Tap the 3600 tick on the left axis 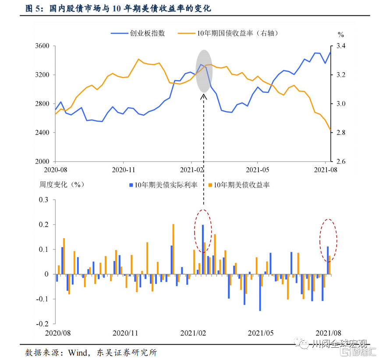coord(43,46)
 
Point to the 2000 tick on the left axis coord(43,162)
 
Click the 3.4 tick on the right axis coord(340,46)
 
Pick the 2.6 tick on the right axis coord(340,162)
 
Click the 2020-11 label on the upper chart coord(124,169)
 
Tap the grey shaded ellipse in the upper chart coord(204,71)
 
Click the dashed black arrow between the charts coord(203,149)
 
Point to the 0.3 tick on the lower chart coord(43,200)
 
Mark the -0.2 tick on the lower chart coord(42,324)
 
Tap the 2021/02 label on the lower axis coord(193,333)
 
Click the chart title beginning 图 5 coord(120,9)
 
